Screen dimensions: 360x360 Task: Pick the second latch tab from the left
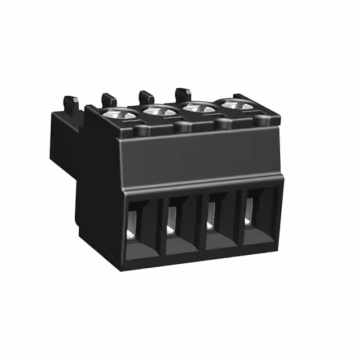click(109, 100)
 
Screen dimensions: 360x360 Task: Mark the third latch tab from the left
click(146, 97)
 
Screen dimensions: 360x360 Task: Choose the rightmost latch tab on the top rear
click(183, 93)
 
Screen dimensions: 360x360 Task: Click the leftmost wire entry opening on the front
click(138, 224)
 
